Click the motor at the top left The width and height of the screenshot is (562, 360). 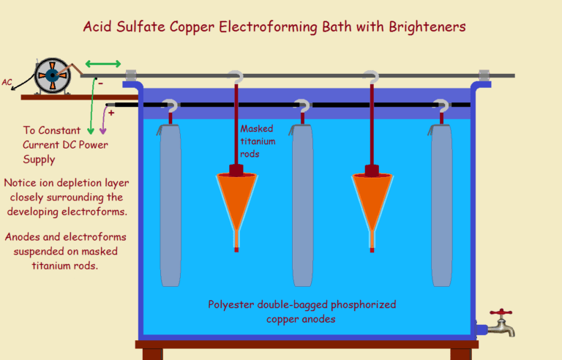[x=53, y=76]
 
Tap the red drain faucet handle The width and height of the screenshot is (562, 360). [x=501, y=313]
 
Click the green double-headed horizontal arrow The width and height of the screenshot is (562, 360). [x=103, y=64]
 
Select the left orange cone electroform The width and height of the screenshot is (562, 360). [x=236, y=199]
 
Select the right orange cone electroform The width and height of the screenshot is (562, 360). [x=372, y=199]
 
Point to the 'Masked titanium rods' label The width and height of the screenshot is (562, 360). [x=258, y=141]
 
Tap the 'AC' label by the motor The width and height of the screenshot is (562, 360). [x=7, y=83]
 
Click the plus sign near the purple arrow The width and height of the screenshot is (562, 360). [x=112, y=113]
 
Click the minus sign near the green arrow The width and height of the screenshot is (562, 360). [x=100, y=83]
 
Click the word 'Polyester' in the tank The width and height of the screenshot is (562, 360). [x=232, y=304]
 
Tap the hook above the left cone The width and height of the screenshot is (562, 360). [x=236, y=75]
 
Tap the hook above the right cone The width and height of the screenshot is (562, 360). [x=372, y=75]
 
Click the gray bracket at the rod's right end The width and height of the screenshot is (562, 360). [x=484, y=75]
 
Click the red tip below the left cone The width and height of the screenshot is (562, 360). [x=236, y=250]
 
